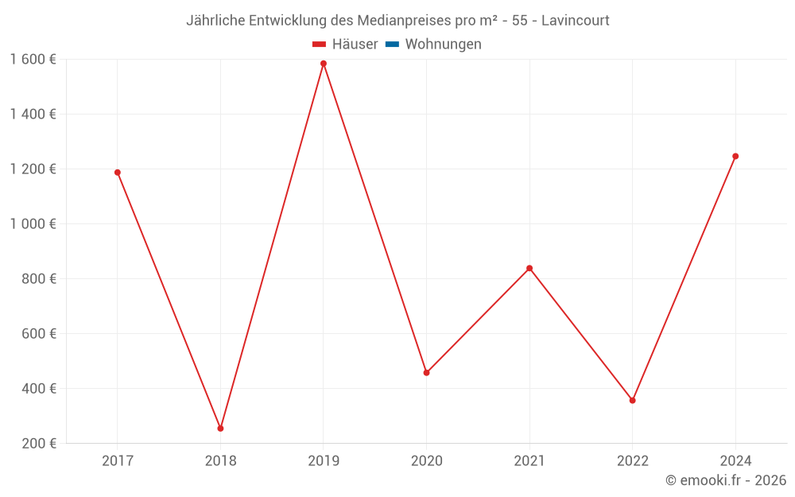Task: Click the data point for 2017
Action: click(x=118, y=173)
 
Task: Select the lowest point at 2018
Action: click(x=220, y=429)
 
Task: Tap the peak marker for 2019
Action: click(x=324, y=64)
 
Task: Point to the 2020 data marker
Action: click(x=426, y=373)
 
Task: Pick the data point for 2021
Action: click(x=529, y=268)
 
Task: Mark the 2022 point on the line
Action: click(x=632, y=401)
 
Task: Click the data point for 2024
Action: click(x=735, y=157)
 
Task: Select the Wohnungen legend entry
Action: click(x=443, y=45)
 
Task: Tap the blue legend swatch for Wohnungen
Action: click(x=392, y=45)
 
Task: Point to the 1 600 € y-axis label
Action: click(x=33, y=59)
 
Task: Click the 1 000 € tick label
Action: click(x=33, y=223)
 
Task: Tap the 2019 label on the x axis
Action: click(x=324, y=460)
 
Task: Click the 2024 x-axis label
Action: click(x=735, y=460)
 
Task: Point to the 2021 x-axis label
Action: click(x=529, y=460)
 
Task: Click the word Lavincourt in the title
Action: click(x=576, y=21)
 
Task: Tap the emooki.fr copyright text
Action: click(x=726, y=480)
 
